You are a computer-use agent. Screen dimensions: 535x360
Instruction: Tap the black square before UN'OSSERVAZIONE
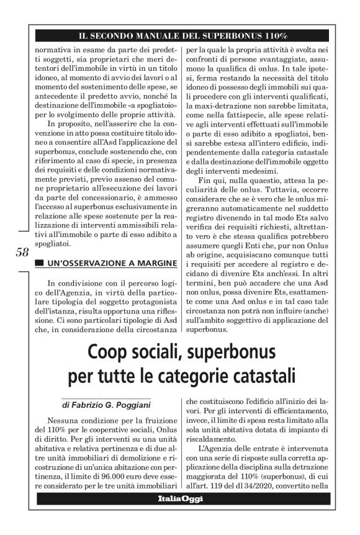[x=39, y=264]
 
